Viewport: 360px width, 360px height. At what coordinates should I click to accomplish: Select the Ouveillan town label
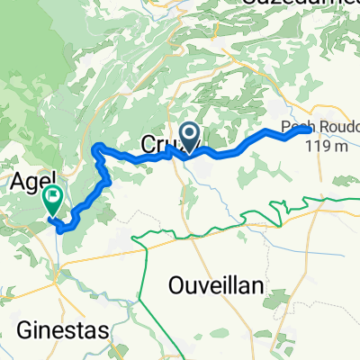(x=215, y=285)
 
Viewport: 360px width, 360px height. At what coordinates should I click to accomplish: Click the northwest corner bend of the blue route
(x=95, y=147)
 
